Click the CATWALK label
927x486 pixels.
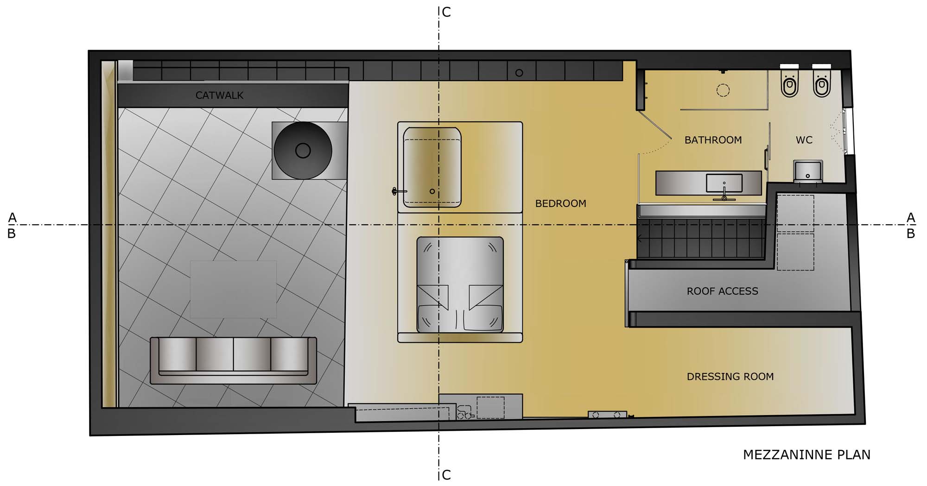219,95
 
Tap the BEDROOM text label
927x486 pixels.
560,203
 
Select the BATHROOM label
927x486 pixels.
713,140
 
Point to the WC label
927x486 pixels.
804,140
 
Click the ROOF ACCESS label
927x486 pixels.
722,291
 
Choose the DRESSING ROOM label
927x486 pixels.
730,377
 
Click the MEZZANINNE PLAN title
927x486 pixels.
806,455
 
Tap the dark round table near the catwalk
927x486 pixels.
303,151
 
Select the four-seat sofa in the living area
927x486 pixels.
233,360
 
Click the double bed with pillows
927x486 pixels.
460,284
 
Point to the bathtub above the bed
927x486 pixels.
432,167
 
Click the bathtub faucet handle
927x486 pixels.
397,191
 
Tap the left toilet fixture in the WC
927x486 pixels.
789,83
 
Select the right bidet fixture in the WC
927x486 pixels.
822,83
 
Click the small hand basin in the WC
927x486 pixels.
808,171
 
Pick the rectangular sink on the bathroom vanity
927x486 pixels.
724,183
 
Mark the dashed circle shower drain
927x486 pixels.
723,90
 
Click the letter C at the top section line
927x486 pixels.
446,12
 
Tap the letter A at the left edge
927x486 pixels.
12,217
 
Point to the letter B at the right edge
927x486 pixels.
911,234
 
